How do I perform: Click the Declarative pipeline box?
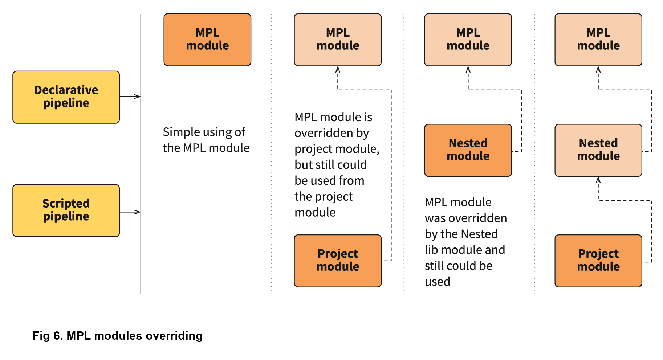[x=66, y=97]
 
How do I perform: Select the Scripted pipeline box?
[x=66, y=210]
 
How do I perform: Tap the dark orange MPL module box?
[x=207, y=40]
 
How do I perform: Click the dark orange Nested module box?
[x=468, y=150]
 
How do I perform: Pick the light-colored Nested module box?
[x=598, y=150]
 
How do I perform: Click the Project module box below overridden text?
[x=338, y=261]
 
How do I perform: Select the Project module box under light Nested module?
[x=598, y=261]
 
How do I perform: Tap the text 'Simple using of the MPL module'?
[x=206, y=140]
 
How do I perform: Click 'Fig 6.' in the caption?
[x=48, y=336]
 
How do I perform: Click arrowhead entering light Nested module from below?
[x=598, y=180]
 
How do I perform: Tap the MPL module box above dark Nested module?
[x=468, y=40]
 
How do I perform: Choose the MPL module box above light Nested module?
[x=598, y=40]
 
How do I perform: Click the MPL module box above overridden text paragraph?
[x=338, y=40]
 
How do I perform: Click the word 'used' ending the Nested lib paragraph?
[x=438, y=282]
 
